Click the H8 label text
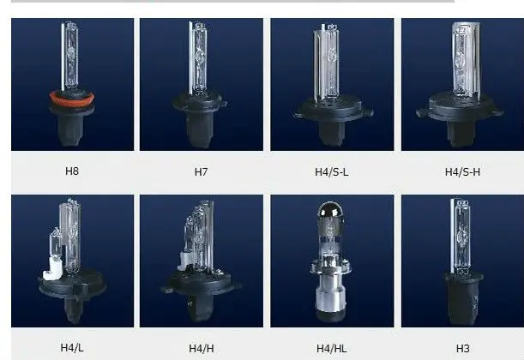click(x=72, y=171)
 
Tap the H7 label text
click(x=201, y=171)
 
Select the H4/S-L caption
click(x=332, y=171)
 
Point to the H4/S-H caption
click(x=462, y=171)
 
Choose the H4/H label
click(x=201, y=347)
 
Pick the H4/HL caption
click(x=332, y=347)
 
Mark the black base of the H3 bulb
click(x=462, y=296)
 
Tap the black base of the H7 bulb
click(x=199, y=120)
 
